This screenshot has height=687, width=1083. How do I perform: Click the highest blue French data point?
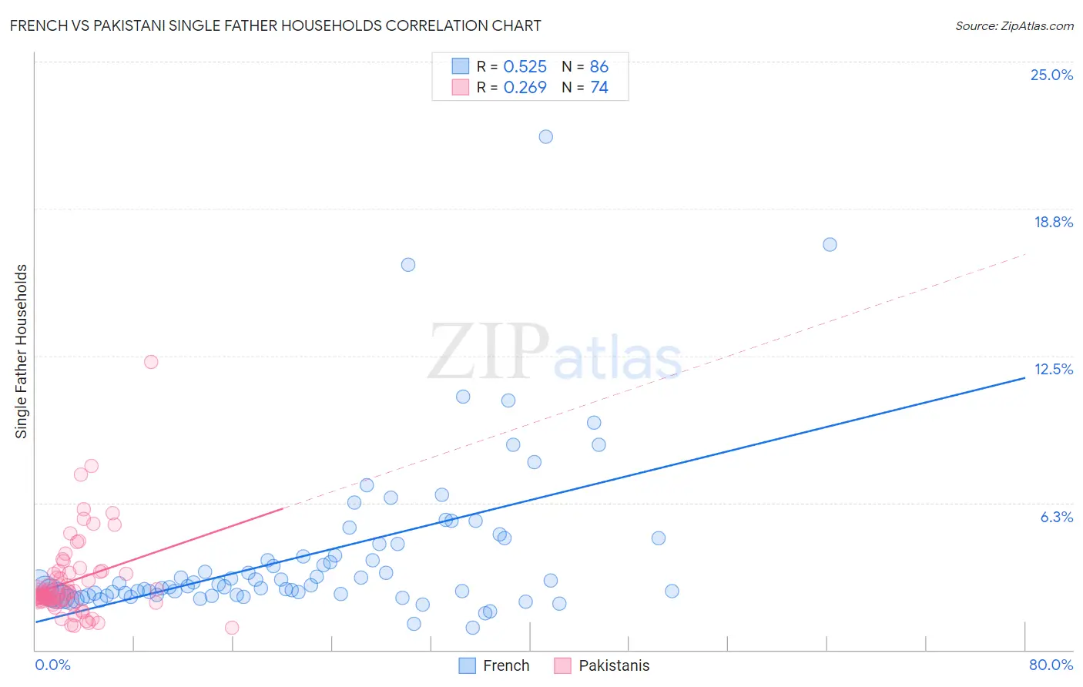[545, 136]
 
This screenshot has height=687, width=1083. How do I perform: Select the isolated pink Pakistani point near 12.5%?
[151, 362]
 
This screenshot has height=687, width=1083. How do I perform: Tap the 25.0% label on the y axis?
[1051, 75]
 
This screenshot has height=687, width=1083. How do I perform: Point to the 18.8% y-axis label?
[1053, 222]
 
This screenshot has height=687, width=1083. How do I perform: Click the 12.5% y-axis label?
[1053, 369]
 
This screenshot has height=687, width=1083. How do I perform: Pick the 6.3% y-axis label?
[1056, 517]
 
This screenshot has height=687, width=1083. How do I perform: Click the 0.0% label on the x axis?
[52, 665]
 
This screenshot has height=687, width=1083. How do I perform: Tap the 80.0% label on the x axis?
[1051, 665]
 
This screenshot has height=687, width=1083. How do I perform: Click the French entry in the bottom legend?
[505, 665]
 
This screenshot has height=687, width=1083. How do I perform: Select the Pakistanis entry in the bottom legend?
[613, 665]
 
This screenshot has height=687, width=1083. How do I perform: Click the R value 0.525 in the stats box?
[525, 66]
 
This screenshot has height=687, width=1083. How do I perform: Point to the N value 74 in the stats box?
[599, 87]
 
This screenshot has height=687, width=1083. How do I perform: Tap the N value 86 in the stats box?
[599, 66]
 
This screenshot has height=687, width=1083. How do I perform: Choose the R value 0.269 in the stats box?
[525, 87]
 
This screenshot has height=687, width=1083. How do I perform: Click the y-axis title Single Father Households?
[21, 351]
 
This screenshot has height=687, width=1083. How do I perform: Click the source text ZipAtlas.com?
[1014, 26]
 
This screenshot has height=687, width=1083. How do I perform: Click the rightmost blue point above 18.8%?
[830, 244]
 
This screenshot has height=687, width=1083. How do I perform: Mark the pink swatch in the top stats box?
[460, 87]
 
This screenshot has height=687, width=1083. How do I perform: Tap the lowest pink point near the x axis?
[232, 628]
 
